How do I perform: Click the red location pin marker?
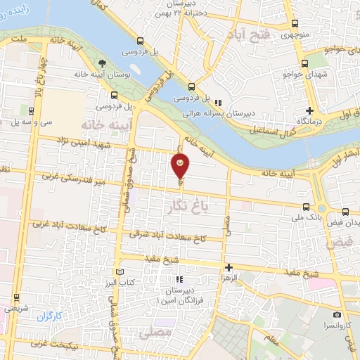181,167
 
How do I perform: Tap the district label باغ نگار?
190,206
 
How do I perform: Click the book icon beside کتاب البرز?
120,272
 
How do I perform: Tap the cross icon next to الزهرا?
229,267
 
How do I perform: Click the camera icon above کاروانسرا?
337,314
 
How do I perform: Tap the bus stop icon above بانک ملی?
305,207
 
